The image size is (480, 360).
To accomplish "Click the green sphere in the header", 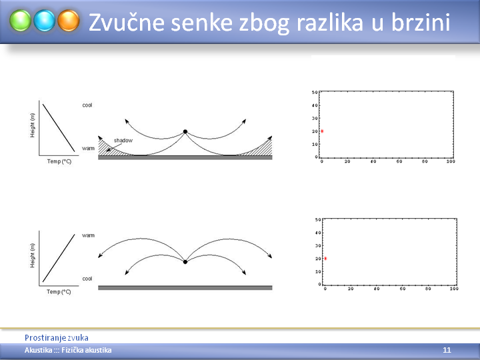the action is click(x=20, y=21).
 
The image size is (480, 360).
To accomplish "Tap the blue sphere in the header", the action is click(x=45, y=21).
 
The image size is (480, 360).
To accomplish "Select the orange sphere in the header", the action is click(x=69, y=21).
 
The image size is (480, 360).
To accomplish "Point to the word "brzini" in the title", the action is click(x=421, y=22).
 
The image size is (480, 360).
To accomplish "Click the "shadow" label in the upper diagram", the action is click(x=123, y=141).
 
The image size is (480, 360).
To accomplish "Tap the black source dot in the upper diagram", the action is click(x=185, y=131).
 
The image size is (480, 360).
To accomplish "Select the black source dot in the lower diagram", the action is click(x=185, y=262).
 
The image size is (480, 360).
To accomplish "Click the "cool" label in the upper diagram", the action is click(x=87, y=105).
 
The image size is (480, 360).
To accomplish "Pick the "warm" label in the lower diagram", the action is click(x=88, y=235).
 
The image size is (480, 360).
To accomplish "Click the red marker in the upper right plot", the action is click(x=322, y=131).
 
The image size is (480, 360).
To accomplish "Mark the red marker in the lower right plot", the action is click(x=325, y=259).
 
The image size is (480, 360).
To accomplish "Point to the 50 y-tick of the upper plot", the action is click(x=315, y=92).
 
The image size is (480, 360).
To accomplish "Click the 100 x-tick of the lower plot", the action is click(x=454, y=289).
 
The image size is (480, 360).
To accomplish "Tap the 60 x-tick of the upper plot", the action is click(x=399, y=161).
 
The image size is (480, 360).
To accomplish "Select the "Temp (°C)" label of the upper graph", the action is click(x=59, y=161).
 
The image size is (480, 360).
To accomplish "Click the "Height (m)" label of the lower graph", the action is click(x=33, y=255).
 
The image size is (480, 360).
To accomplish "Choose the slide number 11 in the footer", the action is click(x=447, y=350).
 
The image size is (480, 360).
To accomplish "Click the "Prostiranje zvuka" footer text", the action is click(x=57, y=337).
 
